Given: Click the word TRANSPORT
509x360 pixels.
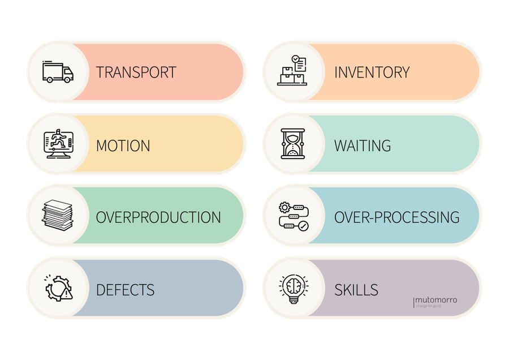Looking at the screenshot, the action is coord(136,72).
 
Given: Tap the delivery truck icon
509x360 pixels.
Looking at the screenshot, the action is coord(58,72).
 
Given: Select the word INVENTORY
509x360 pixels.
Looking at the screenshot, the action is coord(372,72).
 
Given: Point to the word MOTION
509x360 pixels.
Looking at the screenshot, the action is coord(123,145).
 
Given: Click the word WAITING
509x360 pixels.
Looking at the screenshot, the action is coord(362,145).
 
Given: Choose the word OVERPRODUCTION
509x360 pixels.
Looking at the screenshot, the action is coord(158,217).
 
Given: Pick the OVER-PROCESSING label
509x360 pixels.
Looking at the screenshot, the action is coord(396,217).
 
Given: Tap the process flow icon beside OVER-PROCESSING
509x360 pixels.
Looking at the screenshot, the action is coord(293,216).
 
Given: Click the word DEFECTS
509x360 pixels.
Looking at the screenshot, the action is coord(125,290).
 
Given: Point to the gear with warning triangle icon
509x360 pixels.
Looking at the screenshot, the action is coord(58,288).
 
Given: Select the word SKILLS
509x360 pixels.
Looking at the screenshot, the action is coord(356,290).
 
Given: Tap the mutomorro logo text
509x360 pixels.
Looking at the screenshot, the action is coord(436,299).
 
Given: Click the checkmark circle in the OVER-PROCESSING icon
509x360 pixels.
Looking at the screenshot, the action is coord(304,226).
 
